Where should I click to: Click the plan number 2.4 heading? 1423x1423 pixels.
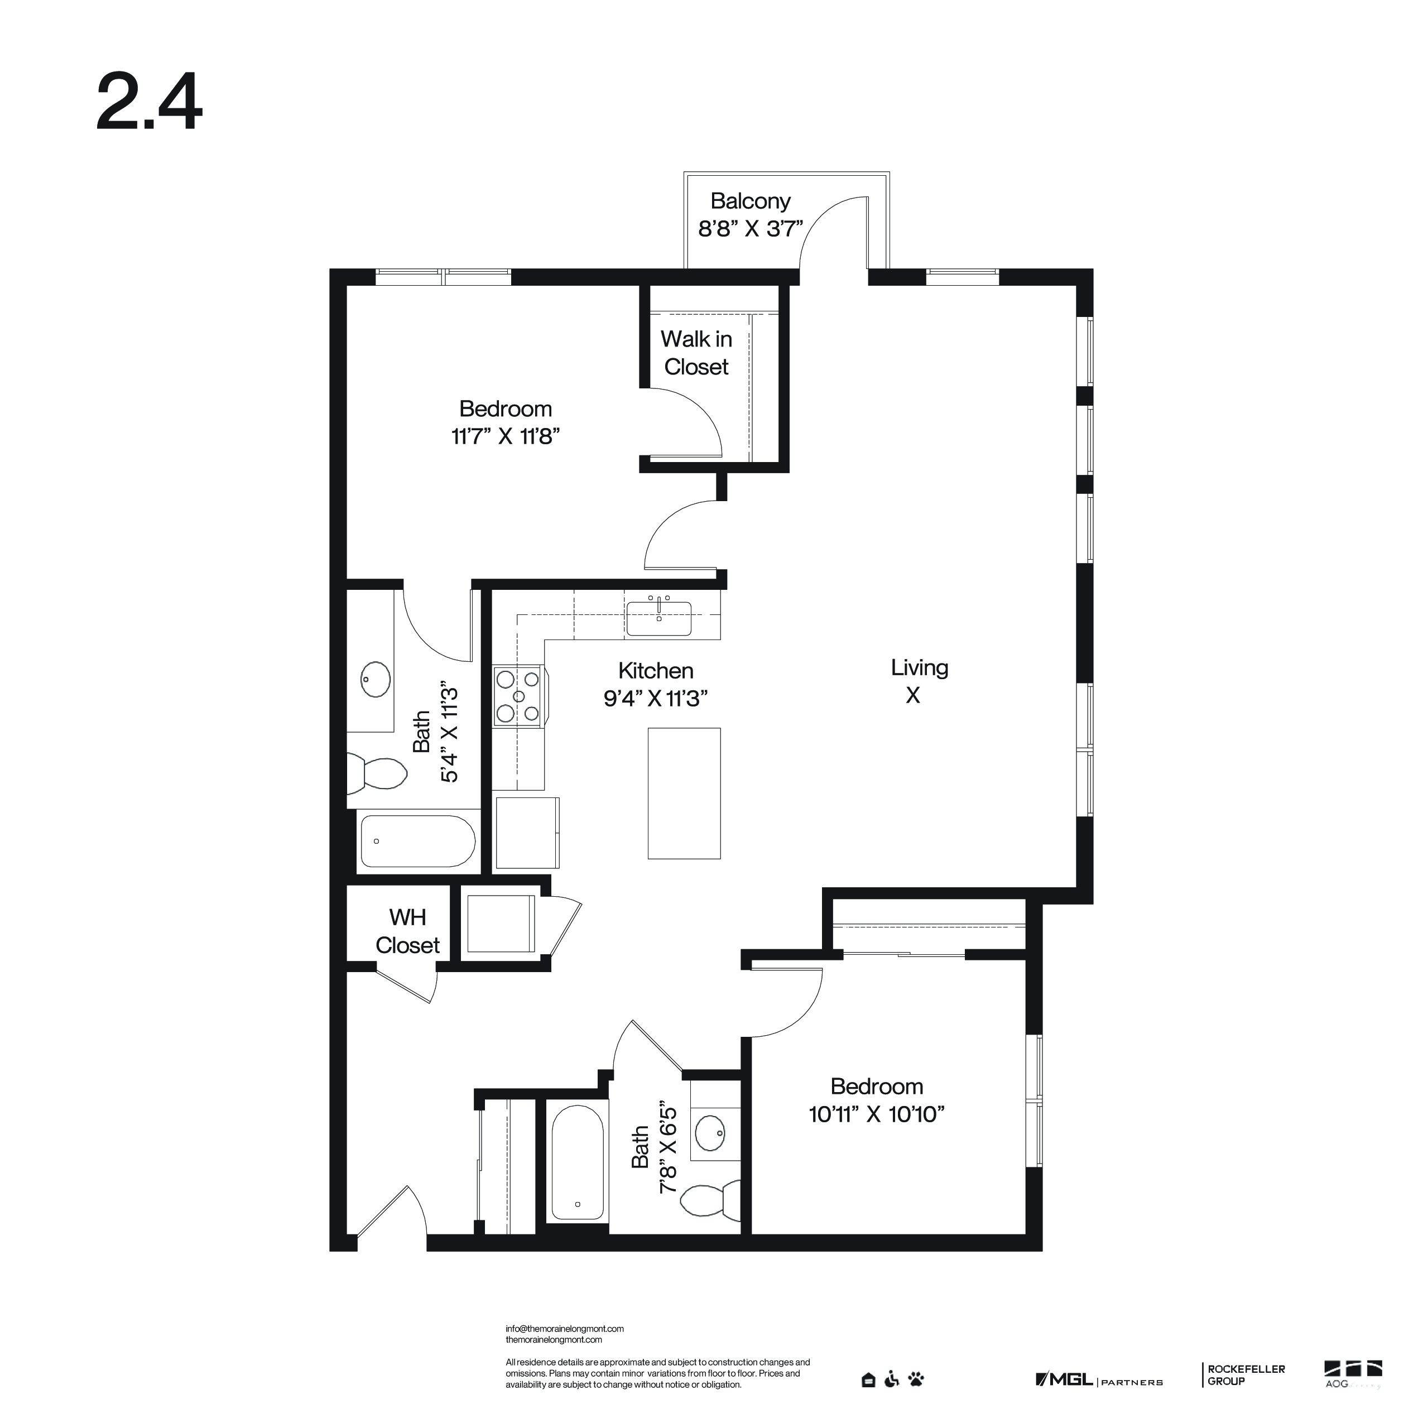pos(150,102)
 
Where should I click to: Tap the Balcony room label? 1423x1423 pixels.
pos(751,201)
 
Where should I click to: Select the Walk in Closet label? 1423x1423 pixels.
pos(696,353)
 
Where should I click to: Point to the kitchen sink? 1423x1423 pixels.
pos(658,618)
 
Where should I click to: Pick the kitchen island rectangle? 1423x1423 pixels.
pos(684,794)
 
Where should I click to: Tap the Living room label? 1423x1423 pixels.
pos(919,668)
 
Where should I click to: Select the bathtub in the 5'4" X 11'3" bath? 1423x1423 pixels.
pos(417,841)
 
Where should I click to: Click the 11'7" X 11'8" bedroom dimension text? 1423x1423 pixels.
pos(505,437)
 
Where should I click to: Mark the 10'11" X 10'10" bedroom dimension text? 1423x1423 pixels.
pos(877,1114)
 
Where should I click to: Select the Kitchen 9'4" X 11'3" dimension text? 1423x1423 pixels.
pos(656,698)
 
